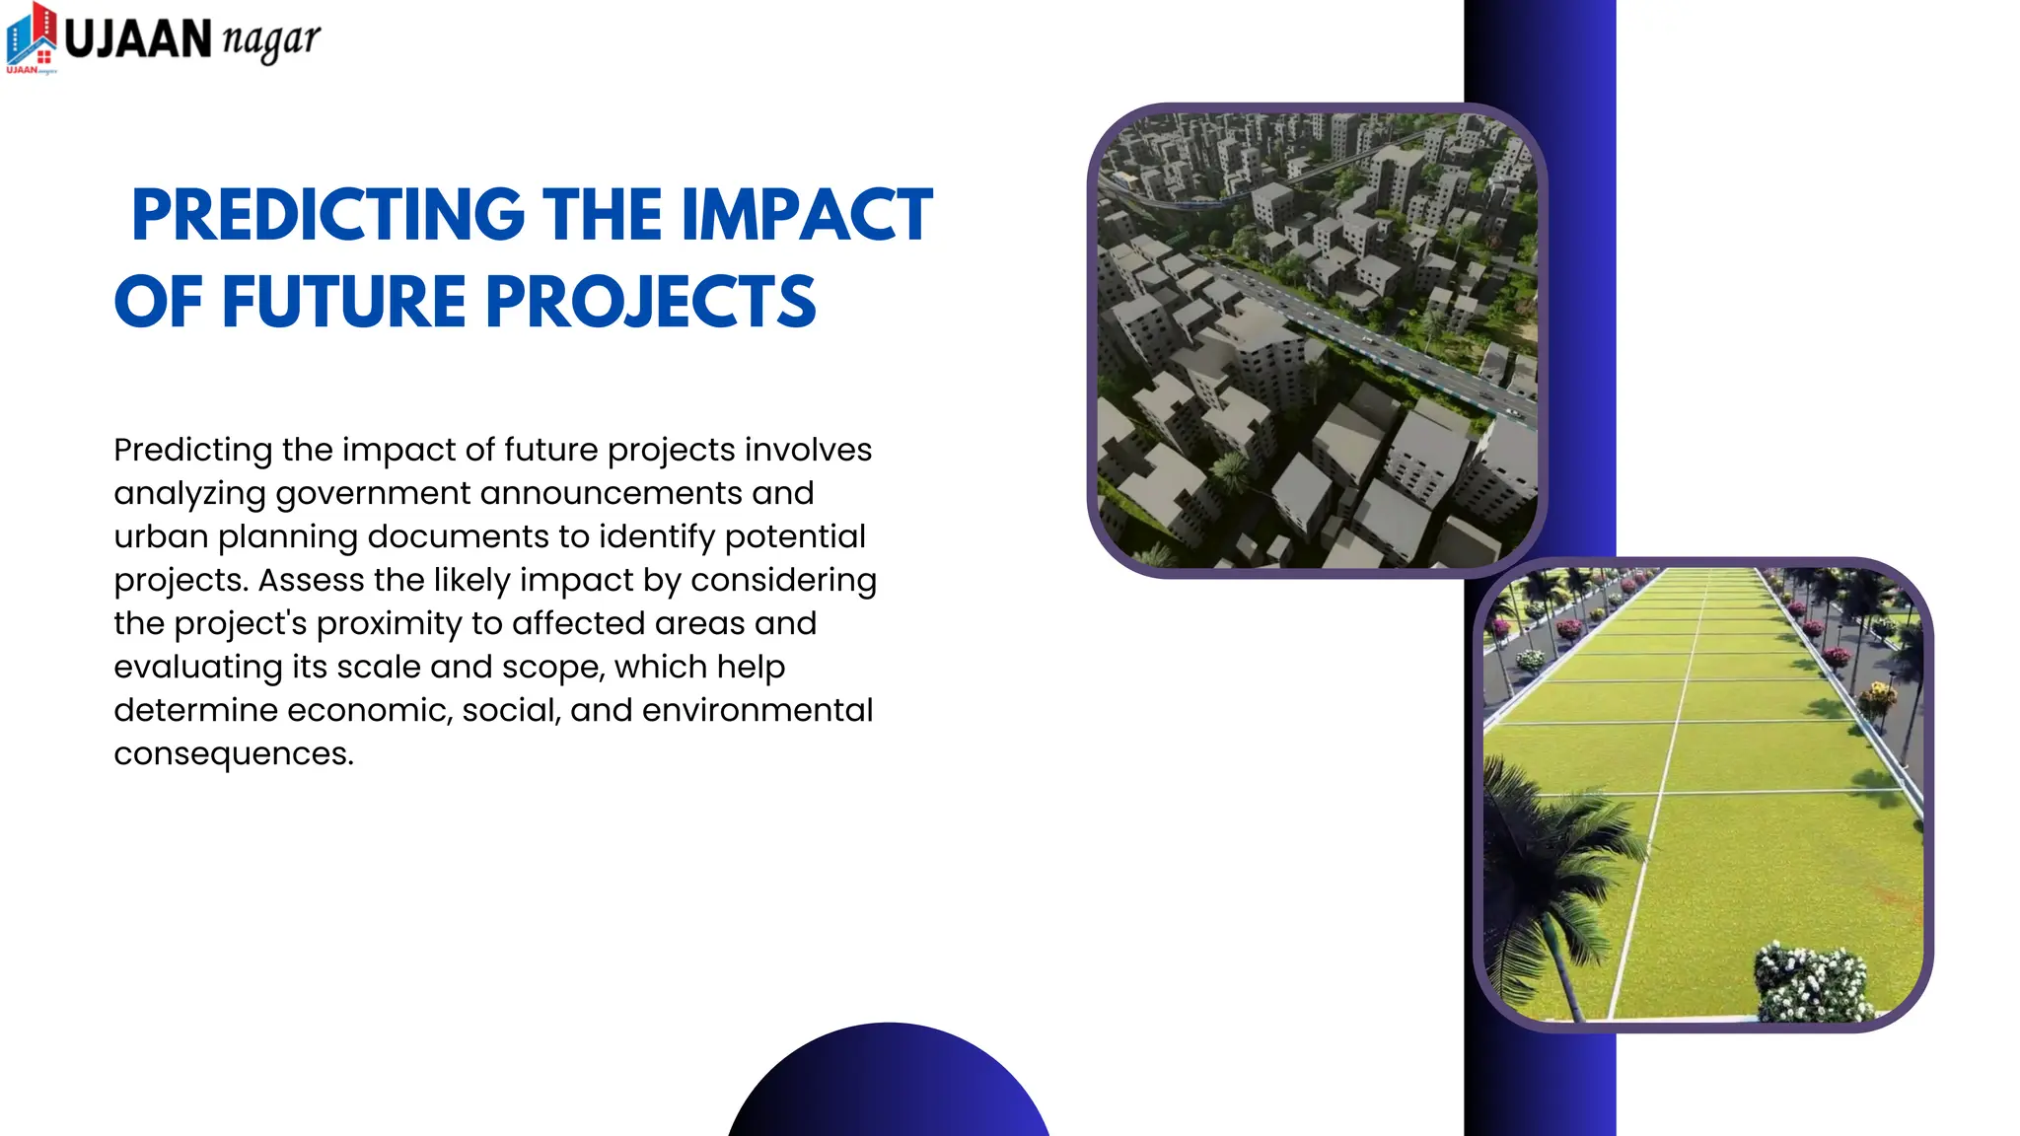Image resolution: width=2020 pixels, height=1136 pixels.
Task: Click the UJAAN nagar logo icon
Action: point(32,37)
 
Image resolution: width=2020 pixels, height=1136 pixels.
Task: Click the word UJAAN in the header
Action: point(138,39)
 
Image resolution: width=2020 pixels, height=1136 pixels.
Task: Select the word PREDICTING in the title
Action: point(327,215)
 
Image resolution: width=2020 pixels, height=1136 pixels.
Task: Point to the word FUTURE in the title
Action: point(343,302)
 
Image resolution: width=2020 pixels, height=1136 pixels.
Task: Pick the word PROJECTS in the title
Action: point(651,302)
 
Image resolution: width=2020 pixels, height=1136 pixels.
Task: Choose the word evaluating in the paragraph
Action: point(197,668)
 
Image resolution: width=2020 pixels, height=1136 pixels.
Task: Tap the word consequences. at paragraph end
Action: point(234,754)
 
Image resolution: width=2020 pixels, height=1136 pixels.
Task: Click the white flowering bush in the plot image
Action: point(1813,981)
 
